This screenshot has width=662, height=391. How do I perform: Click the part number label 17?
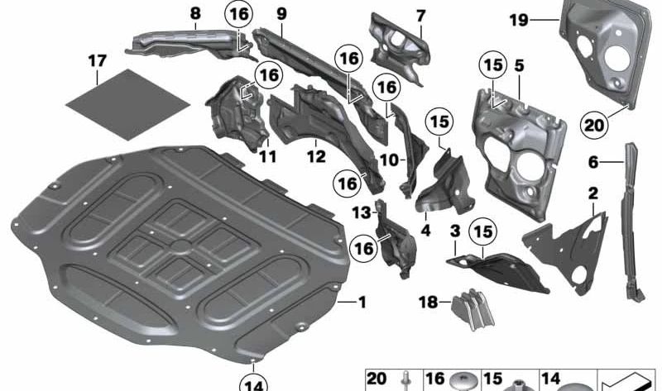tap(97, 60)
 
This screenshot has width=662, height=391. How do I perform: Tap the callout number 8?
tap(194, 14)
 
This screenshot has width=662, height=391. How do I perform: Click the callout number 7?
tap(420, 16)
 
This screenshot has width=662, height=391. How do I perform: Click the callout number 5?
tap(518, 62)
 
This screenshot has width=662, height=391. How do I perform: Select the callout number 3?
tap(454, 229)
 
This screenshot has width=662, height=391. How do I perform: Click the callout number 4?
tap(426, 231)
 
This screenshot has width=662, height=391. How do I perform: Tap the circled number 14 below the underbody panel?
tap(255, 383)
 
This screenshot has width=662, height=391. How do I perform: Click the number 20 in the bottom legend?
tap(377, 378)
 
